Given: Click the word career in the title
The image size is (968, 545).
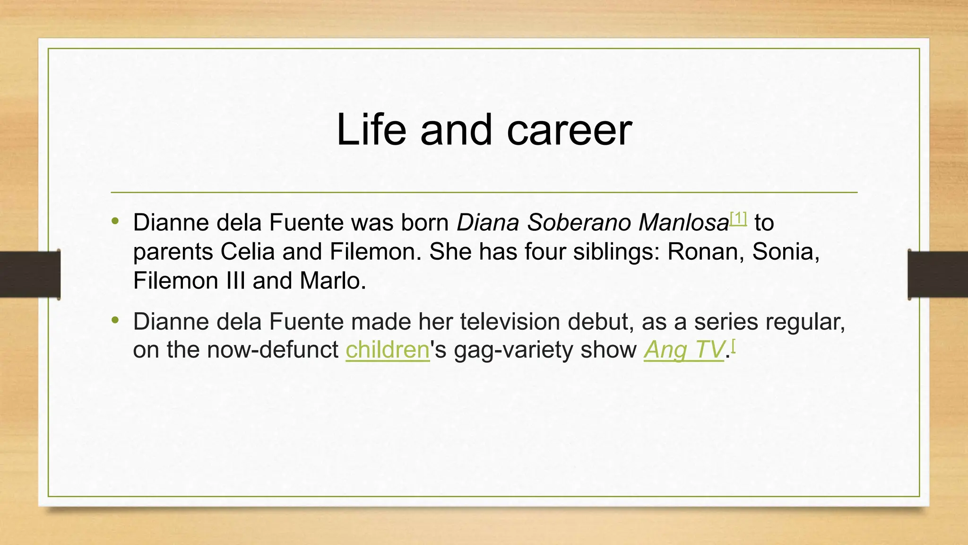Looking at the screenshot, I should click(569, 131).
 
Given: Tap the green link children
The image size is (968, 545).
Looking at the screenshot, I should click(387, 350).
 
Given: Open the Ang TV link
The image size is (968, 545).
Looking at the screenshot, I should click(683, 350).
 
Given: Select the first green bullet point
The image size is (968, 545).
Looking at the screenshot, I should click(115, 221).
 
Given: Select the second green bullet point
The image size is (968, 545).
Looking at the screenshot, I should click(115, 320).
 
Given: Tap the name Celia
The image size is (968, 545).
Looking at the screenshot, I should click(247, 252).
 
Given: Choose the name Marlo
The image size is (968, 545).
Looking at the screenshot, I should click(332, 281).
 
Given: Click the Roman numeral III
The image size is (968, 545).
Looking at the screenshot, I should click(236, 281).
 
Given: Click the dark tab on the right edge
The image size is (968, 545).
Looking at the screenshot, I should click(938, 274).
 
